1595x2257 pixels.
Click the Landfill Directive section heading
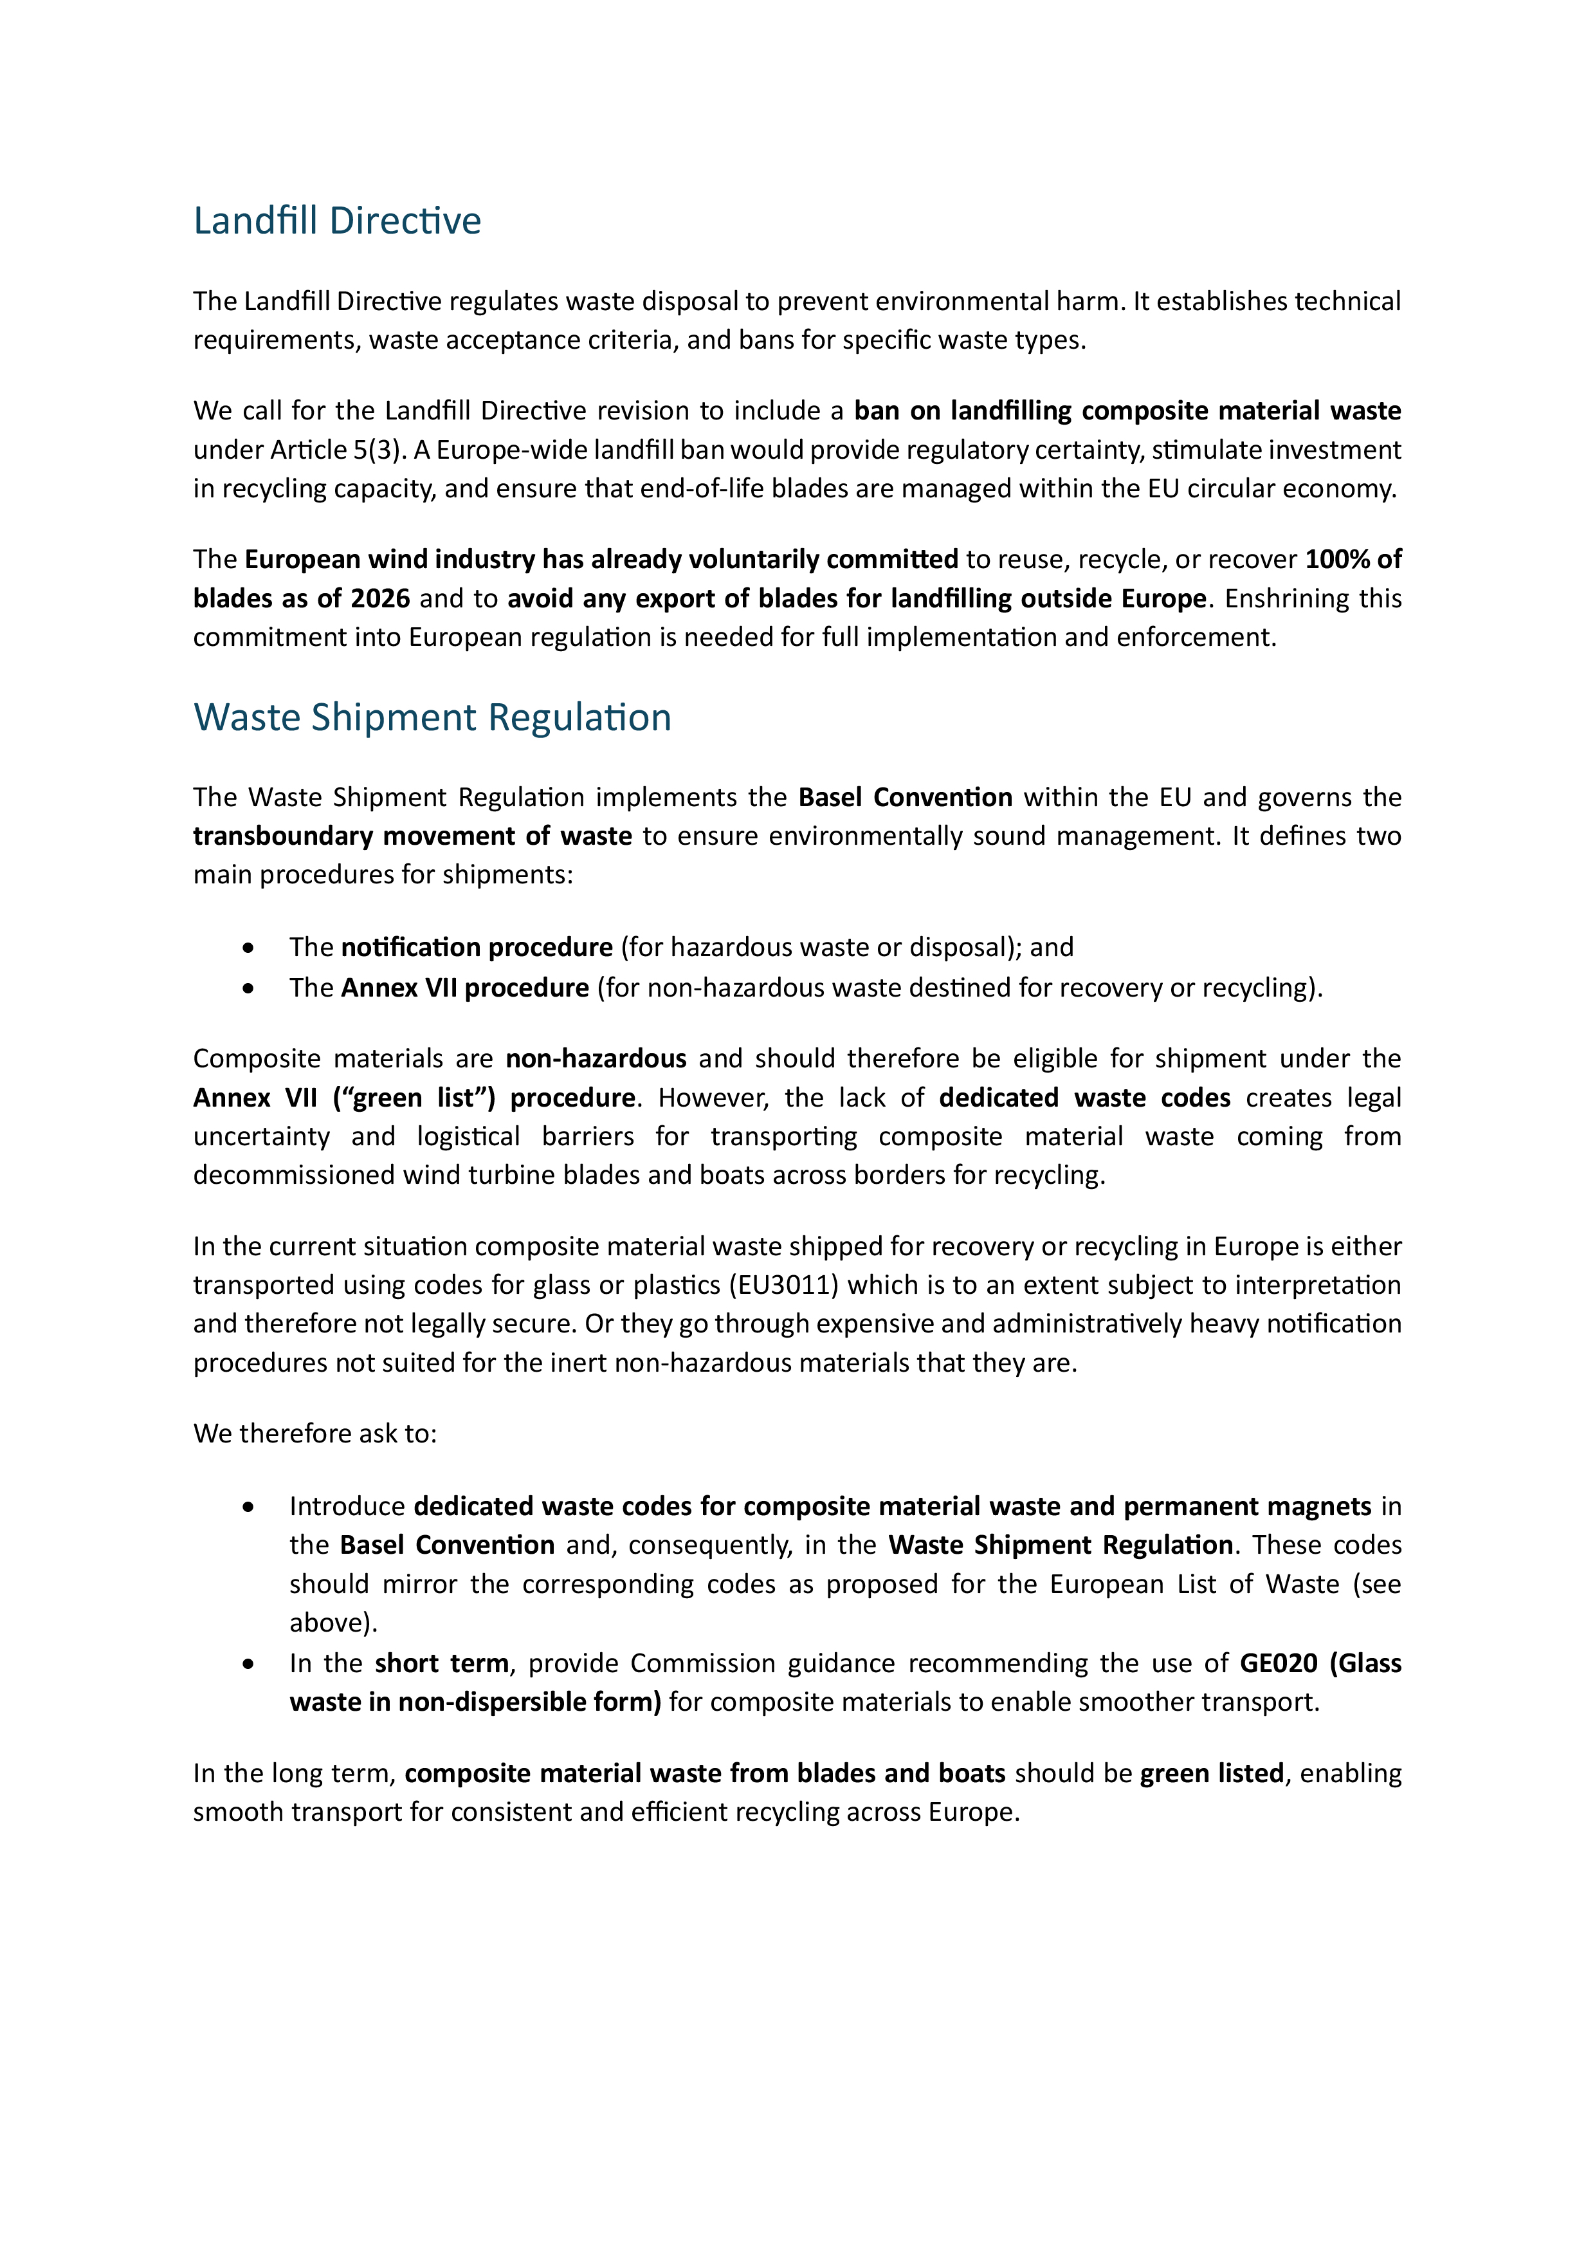point(336,221)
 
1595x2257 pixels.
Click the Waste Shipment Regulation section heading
point(432,717)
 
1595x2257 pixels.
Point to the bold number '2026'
point(379,598)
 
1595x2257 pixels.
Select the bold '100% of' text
point(1353,559)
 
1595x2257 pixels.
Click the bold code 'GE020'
point(1277,1663)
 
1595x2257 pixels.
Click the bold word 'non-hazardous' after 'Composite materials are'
point(596,1059)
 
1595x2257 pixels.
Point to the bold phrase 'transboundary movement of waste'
point(412,836)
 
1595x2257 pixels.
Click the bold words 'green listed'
point(1212,1773)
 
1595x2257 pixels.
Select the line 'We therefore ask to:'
point(314,1434)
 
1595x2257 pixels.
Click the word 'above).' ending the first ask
point(333,1623)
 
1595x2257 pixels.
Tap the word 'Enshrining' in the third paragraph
point(1284,598)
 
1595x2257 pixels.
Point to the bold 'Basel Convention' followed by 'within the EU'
point(905,797)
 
